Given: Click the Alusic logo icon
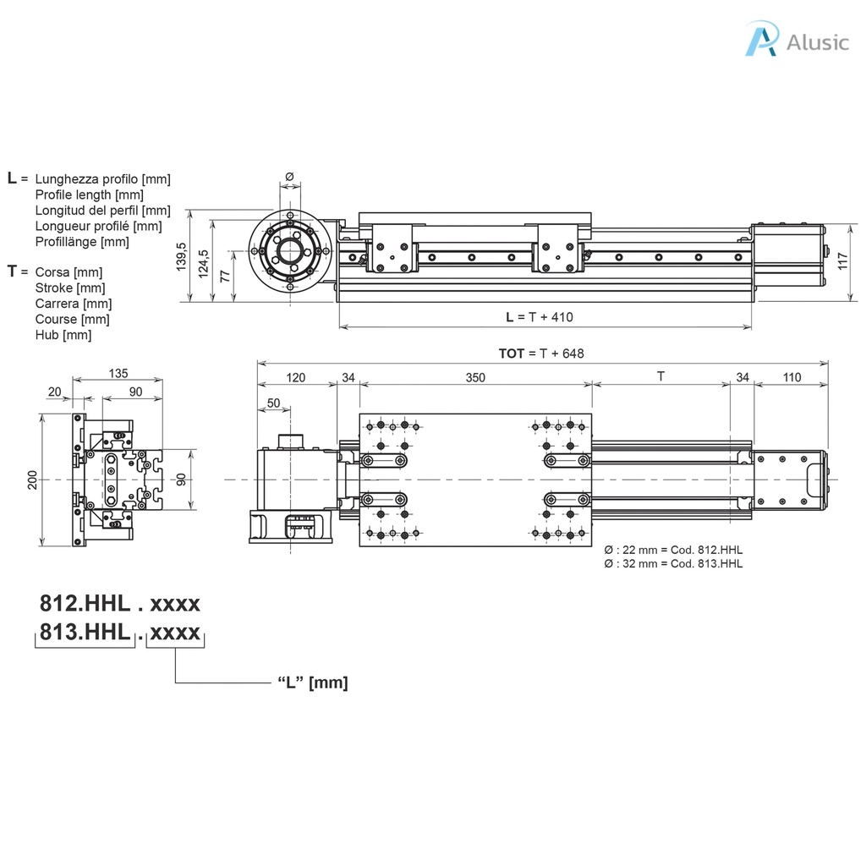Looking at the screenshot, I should pyautogui.click(x=761, y=40).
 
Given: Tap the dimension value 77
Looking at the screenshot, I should pyautogui.click(x=225, y=276).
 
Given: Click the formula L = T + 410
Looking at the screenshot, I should pyautogui.click(x=539, y=317).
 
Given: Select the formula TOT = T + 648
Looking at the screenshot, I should pyautogui.click(x=541, y=354).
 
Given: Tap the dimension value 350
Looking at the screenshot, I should pyautogui.click(x=475, y=377).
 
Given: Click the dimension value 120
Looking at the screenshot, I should pyautogui.click(x=296, y=377).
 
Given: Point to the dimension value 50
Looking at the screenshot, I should pyautogui.click(x=273, y=403).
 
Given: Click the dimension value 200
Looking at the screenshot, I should pyautogui.click(x=32, y=480).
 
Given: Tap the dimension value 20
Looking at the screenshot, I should pyautogui.click(x=55, y=392).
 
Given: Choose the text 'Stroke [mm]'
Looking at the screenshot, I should pyautogui.click(x=67, y=288).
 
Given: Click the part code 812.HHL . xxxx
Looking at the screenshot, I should pyautogui.click(x=120, y=604).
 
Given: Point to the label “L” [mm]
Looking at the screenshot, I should pyautogui.click(x=312, y=682).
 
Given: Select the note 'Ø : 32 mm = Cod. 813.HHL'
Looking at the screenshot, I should pyautogui.click(x=673, y=563).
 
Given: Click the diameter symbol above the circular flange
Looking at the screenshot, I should pyautogui.click(x=289, y=176).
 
